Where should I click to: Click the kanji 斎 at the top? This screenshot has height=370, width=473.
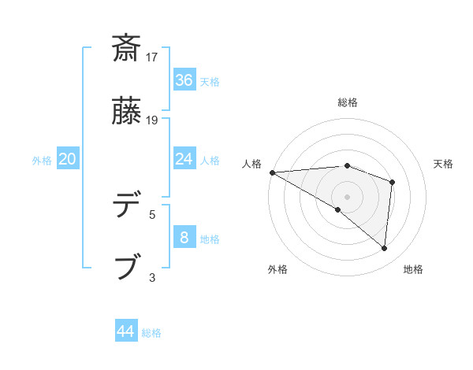128,48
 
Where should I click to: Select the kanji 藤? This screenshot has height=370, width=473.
128,112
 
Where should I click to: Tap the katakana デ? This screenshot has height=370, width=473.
128,205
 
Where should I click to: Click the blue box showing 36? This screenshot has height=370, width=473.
184,80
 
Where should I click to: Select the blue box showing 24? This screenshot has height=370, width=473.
184,159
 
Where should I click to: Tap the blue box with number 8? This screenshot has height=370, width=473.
184,238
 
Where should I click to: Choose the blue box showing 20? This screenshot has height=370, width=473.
68,159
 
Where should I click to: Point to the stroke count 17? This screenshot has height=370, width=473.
153,57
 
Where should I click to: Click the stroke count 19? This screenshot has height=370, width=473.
153,120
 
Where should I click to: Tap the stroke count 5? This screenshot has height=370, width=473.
152,213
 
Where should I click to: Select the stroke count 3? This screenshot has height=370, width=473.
152,277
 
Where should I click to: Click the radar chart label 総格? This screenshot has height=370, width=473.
348,103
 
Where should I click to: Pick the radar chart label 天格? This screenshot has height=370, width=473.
444,164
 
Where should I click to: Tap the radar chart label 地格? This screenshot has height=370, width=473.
414,270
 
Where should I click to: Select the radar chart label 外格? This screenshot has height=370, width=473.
277,270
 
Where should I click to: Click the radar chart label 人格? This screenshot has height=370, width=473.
252,164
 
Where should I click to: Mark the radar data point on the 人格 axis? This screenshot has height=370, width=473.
272,172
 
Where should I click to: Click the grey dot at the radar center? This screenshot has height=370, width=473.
348,196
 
